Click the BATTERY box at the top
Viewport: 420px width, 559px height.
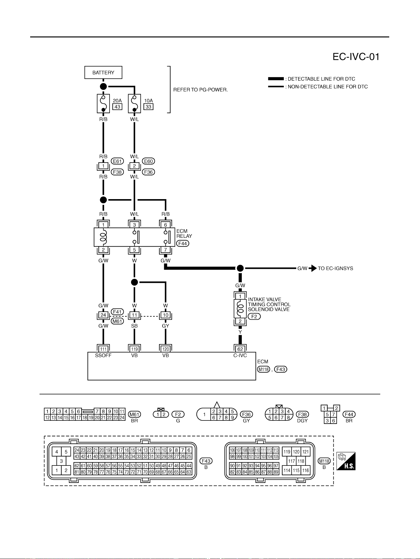click(103, 73)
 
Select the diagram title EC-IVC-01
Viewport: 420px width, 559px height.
click(356, 57)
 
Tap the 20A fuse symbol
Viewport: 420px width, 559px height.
click(103, 103)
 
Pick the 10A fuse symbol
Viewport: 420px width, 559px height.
click(134, 103)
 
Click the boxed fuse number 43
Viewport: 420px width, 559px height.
click(117, 107)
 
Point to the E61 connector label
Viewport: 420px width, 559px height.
click(117, 161)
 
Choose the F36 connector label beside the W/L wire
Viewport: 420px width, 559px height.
click(148, 172)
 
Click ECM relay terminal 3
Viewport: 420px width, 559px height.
click(134, 225)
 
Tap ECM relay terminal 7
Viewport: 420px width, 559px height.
click(165, 250)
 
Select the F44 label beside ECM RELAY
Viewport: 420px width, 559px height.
click(183, 244)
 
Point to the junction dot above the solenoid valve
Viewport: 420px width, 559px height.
click(240, 268)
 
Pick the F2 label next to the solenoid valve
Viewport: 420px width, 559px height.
click(254, 316)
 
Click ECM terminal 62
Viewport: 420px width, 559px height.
click(240, 349)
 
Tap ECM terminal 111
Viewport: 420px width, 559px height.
click(103, 349)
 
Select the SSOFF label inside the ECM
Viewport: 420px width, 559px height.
click(103, 355)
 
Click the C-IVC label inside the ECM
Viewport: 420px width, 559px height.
click(240, 355)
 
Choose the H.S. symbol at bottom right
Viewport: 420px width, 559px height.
click(346, 461)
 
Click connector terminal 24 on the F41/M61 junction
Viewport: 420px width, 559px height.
click(103, 315)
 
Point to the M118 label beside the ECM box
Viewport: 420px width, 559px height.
click(263, 369)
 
